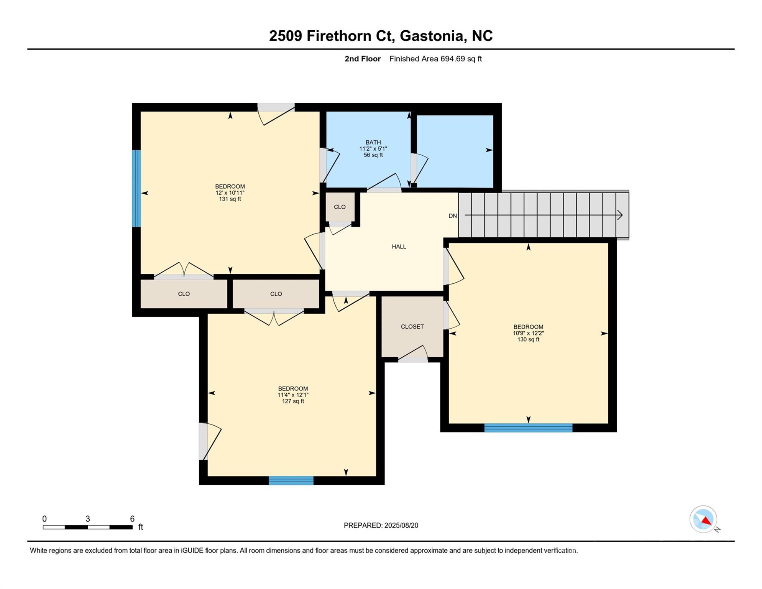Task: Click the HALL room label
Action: [x=399, y=247]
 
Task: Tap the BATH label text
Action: [x=373, y=142]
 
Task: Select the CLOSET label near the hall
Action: [x=412, y=327]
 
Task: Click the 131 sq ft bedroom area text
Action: [x=230, y=199]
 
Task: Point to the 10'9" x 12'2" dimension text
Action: [x=528, y=333]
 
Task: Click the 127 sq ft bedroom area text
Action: [x=293, y=401]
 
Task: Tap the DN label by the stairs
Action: [x=453, y=216]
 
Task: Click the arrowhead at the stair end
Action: [x=619, y=216]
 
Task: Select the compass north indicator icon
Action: [x=703, y=519]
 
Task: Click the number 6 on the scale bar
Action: [x=132, y=519]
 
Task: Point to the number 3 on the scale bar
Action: [x=88, y=519]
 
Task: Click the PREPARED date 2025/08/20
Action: [x=401, y=525]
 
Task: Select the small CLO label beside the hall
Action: [x=340, y=207]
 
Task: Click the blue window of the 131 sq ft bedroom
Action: [x=136, y=188]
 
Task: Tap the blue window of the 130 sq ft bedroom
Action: [x=528, y=428]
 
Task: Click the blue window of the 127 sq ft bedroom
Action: [x=291, y=480]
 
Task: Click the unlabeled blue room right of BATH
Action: [x=455, y=151]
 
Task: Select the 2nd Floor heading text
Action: [x=363, y=59]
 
